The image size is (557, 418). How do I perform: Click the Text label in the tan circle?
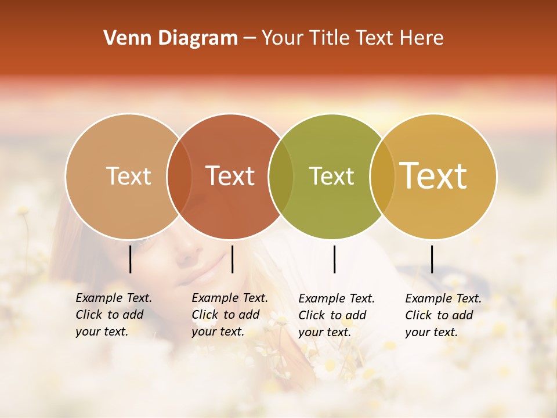[x=128, y=176]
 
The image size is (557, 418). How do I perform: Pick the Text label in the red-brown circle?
[x=230, y=176]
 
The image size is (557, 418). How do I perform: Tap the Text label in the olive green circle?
[x=331, y=176]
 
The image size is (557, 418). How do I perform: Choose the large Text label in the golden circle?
[x=433, y=176]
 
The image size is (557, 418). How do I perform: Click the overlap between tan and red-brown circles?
[x=179, y=176]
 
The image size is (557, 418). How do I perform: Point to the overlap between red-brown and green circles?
[x=281, y=176]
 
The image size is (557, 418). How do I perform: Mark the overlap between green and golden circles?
[x=382, y=176]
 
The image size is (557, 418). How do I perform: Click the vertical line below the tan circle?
[x=130, y=259]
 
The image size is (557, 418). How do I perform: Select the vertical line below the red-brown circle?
[x=232, y=259]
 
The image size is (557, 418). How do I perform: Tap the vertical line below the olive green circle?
[x=334, y=259]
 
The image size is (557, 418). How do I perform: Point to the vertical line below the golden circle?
[x=432, y=259]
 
